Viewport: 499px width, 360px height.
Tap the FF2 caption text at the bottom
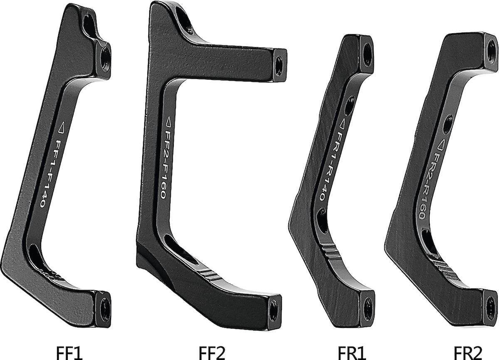click(211, 353)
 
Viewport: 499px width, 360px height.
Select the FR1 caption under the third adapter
click(352, 353)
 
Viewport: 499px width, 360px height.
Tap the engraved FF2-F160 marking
click(166, 164)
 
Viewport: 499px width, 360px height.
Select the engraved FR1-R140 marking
click(330, 166)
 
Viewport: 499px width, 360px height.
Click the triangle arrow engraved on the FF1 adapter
click(61, 127)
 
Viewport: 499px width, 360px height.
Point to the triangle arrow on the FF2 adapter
click(169, 122)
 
